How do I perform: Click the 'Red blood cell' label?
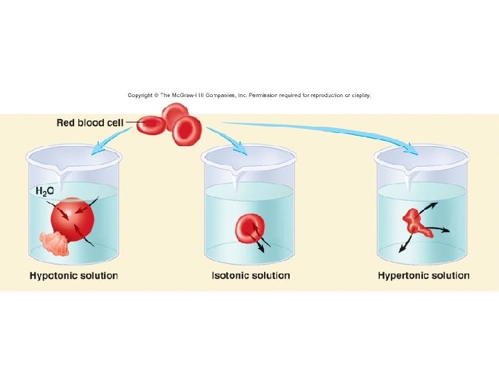(x=90, y=123)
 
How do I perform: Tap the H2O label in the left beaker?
(x=46, y=191)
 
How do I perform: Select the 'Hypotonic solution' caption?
(x=73, y=276)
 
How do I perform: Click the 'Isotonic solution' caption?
(x=251, y=276)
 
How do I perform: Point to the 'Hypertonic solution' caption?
(x=423, y=276)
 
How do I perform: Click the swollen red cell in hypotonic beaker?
(x=72, y=220)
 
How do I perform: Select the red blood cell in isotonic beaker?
(x=249, y=228)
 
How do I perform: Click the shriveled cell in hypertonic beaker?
(x=417, y=222)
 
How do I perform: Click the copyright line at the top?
(x=249, y=95)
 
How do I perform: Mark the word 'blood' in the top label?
(x=94, y=123)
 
